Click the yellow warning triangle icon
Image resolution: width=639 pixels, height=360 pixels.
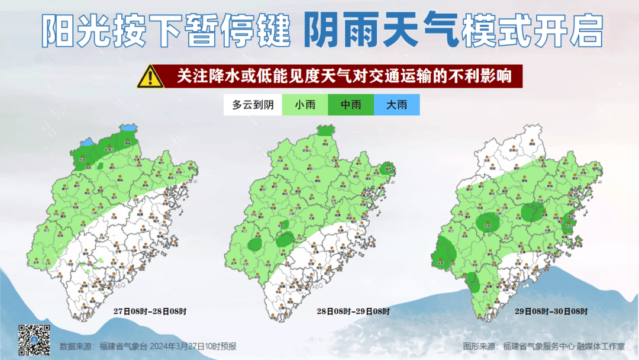tap(150, 77)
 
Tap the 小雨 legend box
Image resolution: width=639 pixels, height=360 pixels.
tap(305, 105)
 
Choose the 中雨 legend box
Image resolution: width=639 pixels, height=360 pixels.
tap(351, 105)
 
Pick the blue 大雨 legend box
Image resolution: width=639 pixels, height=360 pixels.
tap(396, 105)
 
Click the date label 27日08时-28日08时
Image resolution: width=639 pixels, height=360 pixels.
tap(150, 311)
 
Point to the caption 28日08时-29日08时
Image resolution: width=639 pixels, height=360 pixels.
tap(353, 311)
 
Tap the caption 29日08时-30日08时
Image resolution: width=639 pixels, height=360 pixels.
tap(551, 311)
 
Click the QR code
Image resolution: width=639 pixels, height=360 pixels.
tap(34, 340)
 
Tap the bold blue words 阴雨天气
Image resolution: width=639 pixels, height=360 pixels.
tap(381, 31)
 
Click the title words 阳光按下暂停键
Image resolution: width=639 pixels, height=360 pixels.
tap(166, 31)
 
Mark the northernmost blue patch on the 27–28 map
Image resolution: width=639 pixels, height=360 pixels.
tap(127, 127)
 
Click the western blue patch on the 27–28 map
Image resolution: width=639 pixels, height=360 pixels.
tap(86, 143)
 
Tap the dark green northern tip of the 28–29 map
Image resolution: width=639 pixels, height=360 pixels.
tap(324, 130)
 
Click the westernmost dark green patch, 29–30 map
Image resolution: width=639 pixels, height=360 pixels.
tap(443, 252)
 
